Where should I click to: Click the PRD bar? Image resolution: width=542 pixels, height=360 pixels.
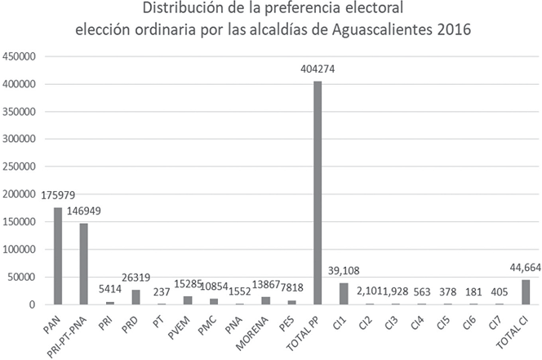coord(135,297)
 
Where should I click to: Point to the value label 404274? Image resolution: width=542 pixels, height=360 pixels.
coord(318,71)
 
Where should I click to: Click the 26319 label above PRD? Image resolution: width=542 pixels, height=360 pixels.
coord(135,279)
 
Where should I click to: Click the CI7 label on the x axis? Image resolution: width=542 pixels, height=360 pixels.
coord(493,319)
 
